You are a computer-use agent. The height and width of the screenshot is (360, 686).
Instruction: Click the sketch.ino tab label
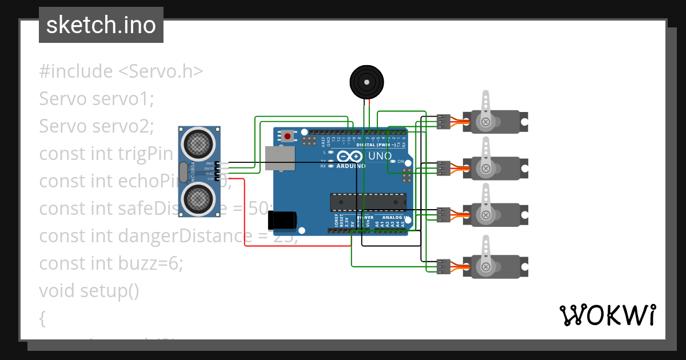point(101,25)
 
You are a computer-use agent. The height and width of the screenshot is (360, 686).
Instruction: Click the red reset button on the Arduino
point(287,136)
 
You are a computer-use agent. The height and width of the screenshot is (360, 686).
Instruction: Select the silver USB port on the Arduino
point(280,158)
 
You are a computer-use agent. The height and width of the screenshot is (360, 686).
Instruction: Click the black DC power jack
point(282,220)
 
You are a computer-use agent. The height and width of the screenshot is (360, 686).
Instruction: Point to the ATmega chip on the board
point(368,202)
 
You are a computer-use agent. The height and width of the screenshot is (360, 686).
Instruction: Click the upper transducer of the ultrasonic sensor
point(198,143)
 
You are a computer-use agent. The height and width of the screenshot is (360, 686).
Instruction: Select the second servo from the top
point(496,168)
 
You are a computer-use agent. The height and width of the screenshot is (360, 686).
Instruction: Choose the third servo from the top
point(496,215)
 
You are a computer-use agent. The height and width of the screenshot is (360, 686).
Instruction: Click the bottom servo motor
point(496,267)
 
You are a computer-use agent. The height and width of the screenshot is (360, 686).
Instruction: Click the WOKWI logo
point(607,315)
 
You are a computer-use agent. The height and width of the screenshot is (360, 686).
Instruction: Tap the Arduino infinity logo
point(349,157)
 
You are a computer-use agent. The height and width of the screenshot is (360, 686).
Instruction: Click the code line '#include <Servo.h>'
point(121,71)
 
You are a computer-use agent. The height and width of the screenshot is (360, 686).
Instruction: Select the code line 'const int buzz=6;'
point(111,263)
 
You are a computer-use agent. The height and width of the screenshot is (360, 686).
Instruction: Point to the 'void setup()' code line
point(89,291)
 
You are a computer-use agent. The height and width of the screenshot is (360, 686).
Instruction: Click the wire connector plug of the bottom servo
point(444,266)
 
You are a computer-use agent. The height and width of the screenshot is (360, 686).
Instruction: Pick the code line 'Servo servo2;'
point(97,126)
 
